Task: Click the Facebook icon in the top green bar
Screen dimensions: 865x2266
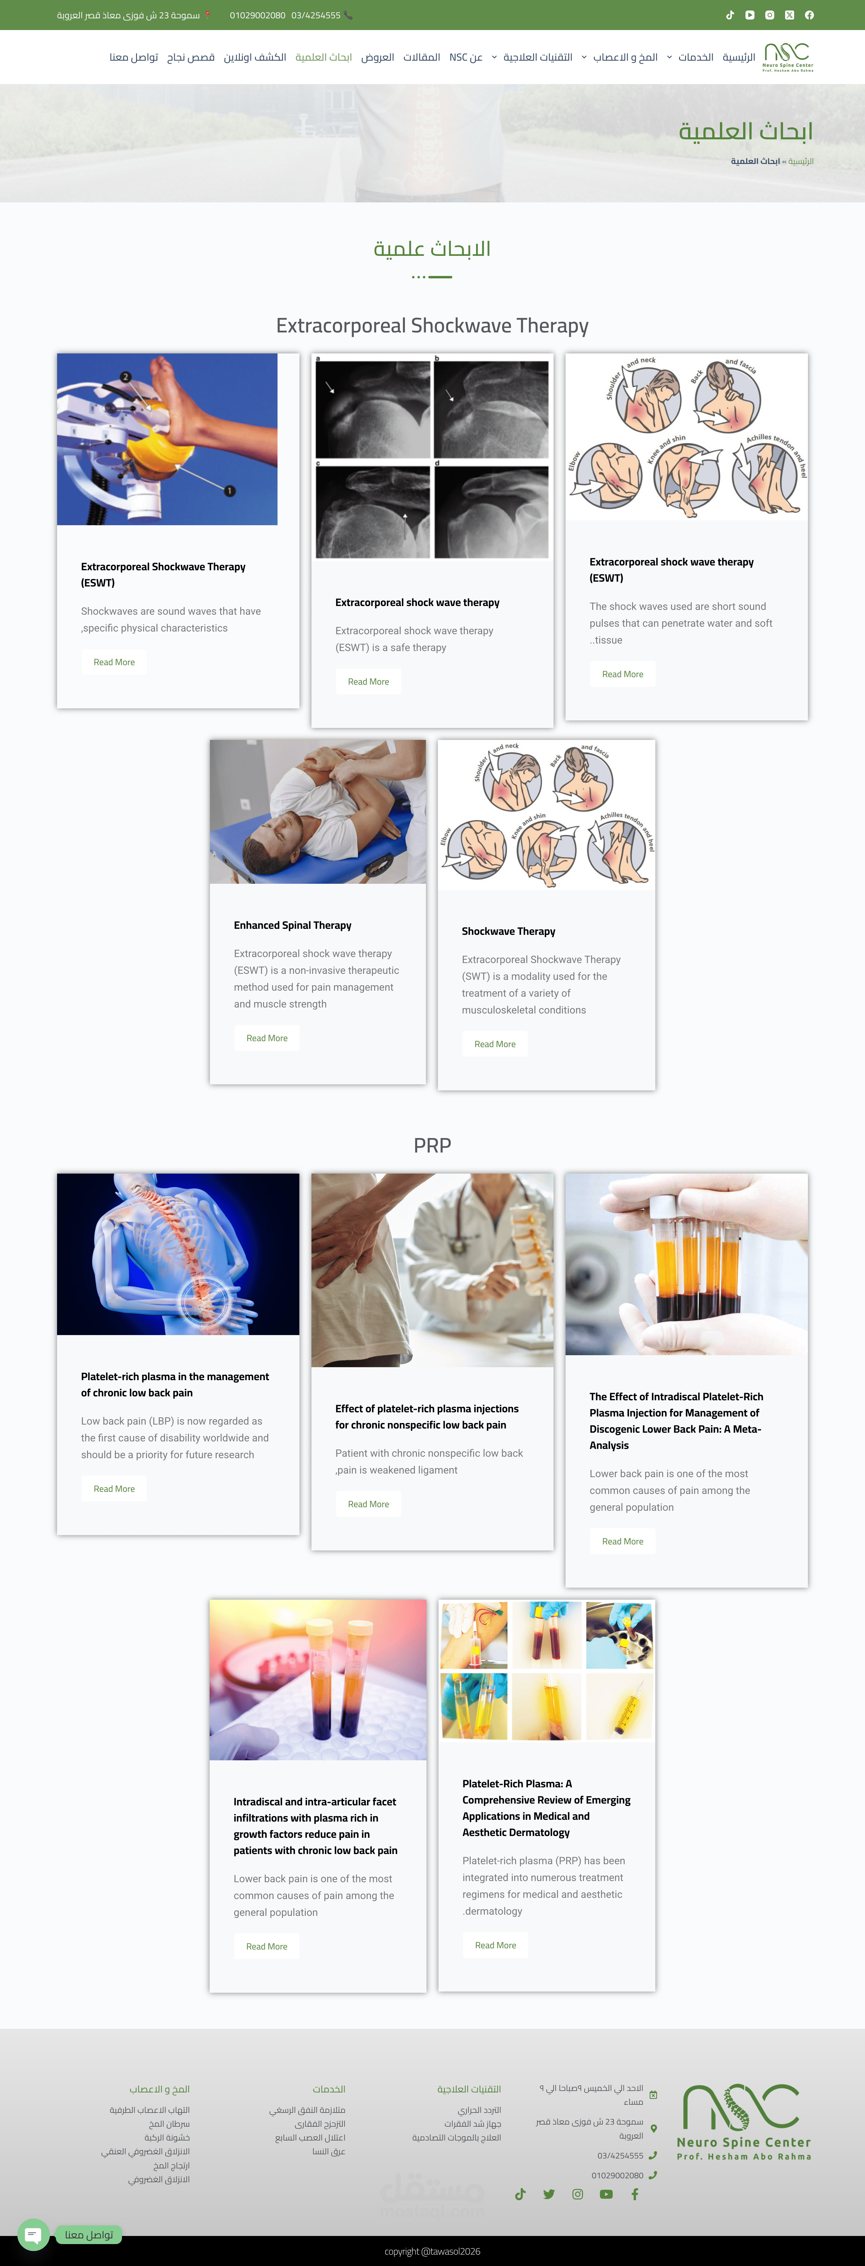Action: (x=809, y=15)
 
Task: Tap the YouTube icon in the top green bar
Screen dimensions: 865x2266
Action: (x=750, y=15)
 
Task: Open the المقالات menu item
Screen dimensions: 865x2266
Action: (x=421, y=57)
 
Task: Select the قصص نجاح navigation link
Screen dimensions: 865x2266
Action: (x=191, y=57)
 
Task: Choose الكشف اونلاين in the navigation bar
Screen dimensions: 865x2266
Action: (x=255, y=57)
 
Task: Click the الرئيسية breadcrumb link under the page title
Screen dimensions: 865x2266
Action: (x=801, y=161)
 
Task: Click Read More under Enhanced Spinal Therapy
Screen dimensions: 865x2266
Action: (x=267, y=1038)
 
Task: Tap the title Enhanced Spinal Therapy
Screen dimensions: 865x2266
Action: (x=292, y=925)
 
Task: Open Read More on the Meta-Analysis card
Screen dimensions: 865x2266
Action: (x=622, y=1541)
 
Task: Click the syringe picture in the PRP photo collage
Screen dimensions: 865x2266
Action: (x=620, y=1707)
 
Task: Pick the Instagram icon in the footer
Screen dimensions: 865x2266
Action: (x=577, y=2194)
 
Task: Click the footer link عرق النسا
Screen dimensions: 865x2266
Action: (x=328, y=2152)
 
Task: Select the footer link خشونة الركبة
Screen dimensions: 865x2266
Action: (x=167, y=2137)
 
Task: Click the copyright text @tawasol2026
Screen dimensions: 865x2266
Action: (x=432, y=2251)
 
